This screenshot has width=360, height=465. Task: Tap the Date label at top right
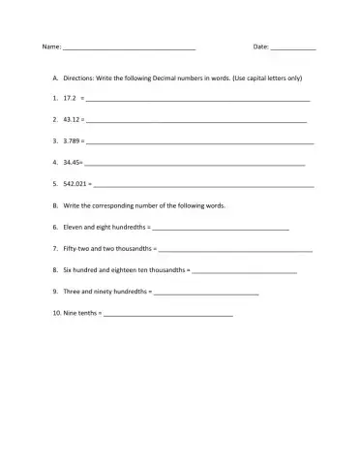click(x=260, y=47)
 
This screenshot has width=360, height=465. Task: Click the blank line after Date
click(x=293, y=49)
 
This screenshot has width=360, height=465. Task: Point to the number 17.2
click(x=70, y=99)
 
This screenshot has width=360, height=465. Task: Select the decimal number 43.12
click(x=71, y=120)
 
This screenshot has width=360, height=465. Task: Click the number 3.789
click(x=72, y=141)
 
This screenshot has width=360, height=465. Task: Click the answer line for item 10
click(x=167, y=315)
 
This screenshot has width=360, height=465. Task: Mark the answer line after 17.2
click(x=197, y=101)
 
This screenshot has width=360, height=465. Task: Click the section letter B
click(x=55, y=205)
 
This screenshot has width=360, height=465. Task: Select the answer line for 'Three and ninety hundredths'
click(x=205, y=294)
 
